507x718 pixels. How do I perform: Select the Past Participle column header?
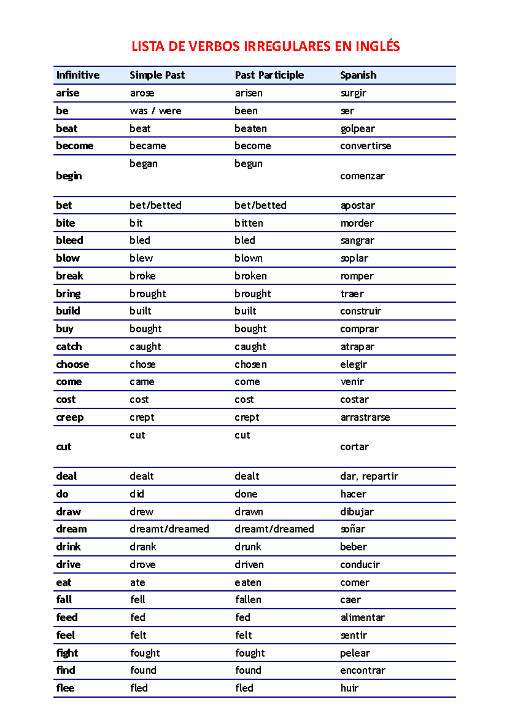point(269,75)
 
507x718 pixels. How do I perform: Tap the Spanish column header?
point(358,75)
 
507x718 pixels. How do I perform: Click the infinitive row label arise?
point(68,93)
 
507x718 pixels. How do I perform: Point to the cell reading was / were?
point(155,111)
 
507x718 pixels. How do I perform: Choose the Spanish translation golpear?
point(357,129)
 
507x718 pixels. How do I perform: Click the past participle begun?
point(248,164)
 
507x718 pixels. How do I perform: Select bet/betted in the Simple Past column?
point(155,206)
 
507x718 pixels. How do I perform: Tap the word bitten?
point(249,223)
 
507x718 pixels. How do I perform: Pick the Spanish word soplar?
point(354,258)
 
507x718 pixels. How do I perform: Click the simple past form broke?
point(142,276)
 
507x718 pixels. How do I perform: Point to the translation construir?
point(360,311)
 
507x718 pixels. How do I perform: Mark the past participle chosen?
point(251,364)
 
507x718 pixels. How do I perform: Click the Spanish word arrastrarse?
point(365,417)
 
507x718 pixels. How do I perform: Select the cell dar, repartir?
point(369,477)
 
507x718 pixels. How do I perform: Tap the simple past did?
point(137,494)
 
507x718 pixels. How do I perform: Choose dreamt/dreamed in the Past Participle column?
point(274,529)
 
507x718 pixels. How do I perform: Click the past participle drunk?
point(248,547)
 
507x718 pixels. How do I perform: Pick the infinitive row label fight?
point(67,653)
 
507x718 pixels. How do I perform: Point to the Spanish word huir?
point(349,688)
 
